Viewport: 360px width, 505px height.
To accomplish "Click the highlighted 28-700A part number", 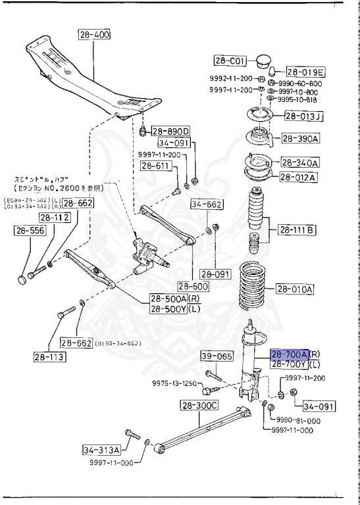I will point(290,355).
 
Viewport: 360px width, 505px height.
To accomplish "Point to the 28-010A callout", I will point(295,289).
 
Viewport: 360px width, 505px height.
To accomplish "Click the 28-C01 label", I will point(230,61).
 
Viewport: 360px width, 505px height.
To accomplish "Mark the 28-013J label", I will point(303,117).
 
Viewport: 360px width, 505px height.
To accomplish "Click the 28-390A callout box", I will point(301,138).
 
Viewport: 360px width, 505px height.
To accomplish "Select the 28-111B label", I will point(297,229).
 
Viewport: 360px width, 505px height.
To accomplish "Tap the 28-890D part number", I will point(170,130).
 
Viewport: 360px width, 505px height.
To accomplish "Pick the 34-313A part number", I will point(102,450).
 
